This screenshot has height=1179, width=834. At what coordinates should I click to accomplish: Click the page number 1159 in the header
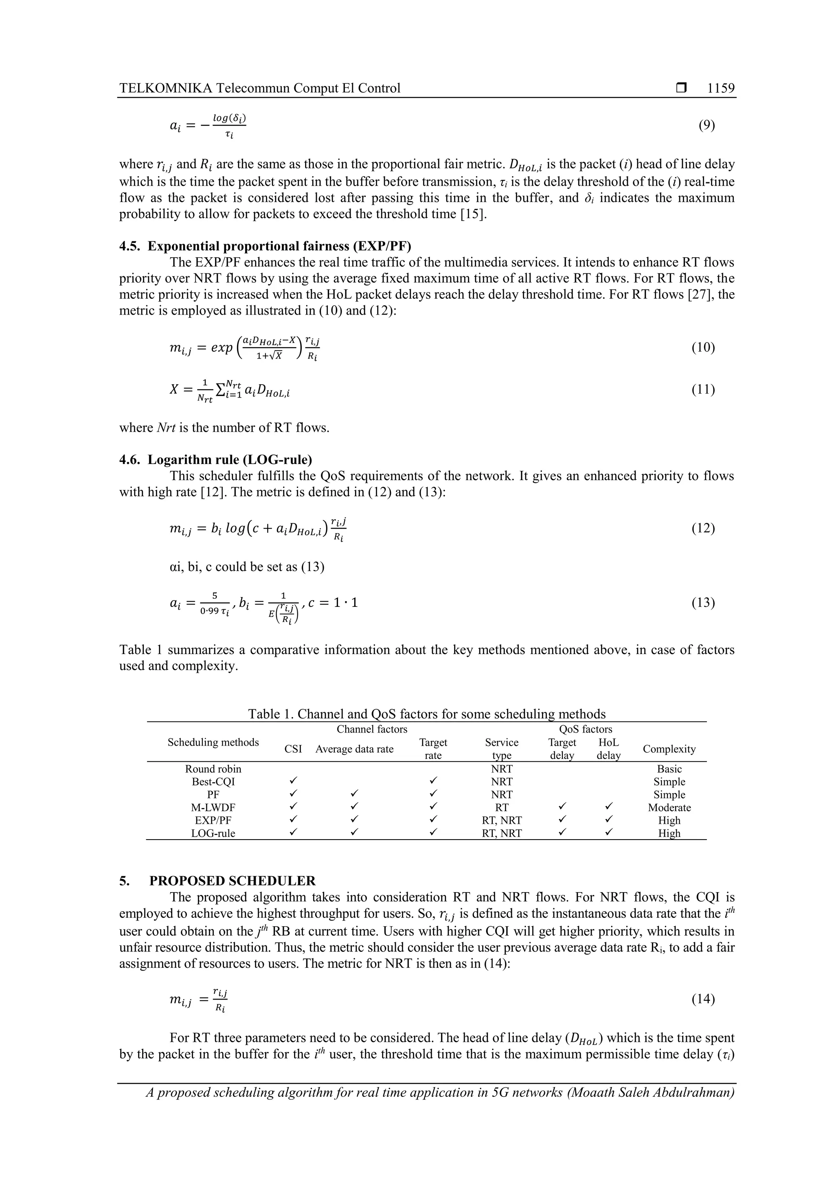pos(720,88)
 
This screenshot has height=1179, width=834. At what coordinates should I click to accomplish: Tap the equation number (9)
pos(707,125)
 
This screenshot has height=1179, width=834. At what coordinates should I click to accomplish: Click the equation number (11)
pos(703,390)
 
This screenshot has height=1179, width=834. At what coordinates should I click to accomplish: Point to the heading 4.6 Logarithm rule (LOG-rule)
pos(215,459)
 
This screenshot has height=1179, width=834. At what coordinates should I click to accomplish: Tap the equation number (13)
pos(703,602)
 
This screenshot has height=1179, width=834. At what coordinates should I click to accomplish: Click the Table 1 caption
pos(426,714)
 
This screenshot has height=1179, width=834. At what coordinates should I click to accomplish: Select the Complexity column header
pos(669,749)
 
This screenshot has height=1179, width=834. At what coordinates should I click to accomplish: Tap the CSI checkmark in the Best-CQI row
pos(293,781)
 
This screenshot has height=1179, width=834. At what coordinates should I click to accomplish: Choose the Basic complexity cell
pos(669,769)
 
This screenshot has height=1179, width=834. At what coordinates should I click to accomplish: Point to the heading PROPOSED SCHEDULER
pos(232,881)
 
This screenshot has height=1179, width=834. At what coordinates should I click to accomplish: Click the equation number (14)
pos(703,999)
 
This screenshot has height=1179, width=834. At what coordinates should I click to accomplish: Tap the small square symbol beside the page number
pos(681,88)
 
